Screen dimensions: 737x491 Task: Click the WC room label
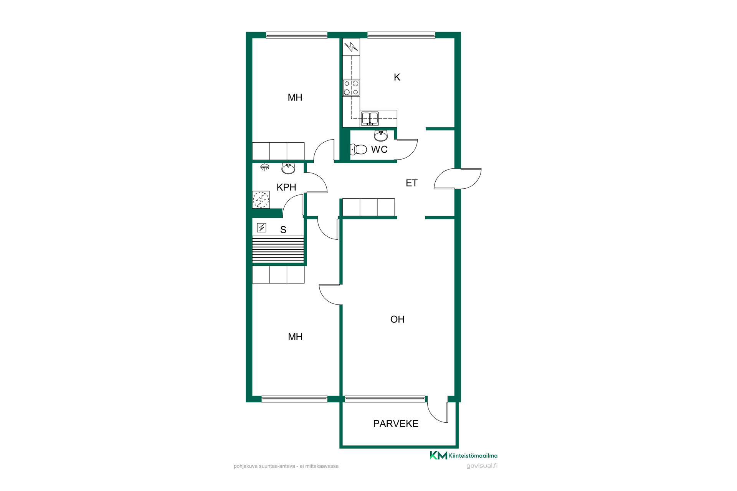[379, 150]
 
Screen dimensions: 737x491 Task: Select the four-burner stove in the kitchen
[351, 88]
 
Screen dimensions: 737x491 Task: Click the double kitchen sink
[370, 119]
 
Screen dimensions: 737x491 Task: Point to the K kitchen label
[397, 77]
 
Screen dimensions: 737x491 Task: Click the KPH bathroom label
[286, 187]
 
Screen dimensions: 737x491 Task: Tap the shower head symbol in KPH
[265, 167]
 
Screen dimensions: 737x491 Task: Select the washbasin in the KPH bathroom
[288, 168]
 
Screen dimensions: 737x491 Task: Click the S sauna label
[283, 230]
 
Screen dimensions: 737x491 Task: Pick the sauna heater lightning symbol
[261, 228]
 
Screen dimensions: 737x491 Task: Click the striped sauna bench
[278, 250]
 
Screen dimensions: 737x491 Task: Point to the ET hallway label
[411, 183]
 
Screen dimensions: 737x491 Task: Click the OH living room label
[397, 320]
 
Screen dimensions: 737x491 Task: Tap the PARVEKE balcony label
[396, 424]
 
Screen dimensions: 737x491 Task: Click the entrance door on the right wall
[458, 179]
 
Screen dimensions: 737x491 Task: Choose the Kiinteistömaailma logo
[464, 455]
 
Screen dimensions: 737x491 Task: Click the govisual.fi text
[482, 466]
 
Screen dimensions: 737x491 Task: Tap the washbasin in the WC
[381, 136]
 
